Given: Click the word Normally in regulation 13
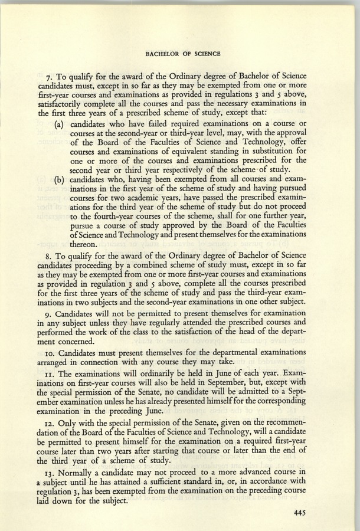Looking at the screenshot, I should pyautogui.click(x=79, y=477).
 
